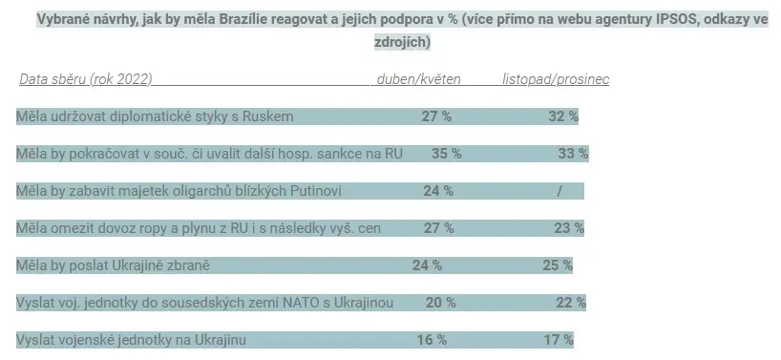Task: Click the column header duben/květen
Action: pos(418,79)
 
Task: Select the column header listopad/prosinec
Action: pos(556,79)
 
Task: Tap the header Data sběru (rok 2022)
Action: pos(86,79)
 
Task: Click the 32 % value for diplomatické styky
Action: pos(563,116)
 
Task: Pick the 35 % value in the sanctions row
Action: pos(446,154)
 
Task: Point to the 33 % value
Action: pos(573,154)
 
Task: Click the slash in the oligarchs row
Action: pos(559,191)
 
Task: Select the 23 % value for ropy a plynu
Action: pos(569,228)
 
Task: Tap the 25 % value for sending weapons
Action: pos(558,265)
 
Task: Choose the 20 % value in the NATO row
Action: pos(441,303)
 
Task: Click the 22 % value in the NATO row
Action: pos(571,303)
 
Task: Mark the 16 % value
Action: pos(432,340)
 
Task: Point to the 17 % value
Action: pos(559,340)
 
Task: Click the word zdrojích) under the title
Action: pos(403,42)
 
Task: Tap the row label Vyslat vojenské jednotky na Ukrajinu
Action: pos(131,340)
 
